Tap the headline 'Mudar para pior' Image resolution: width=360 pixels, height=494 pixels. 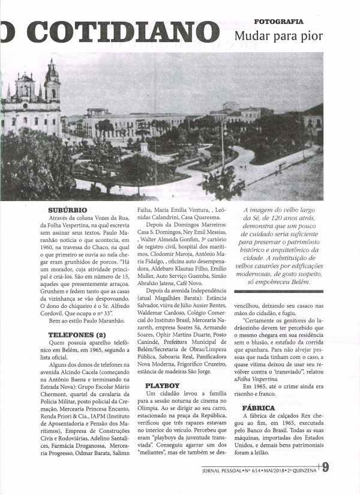(279, 36)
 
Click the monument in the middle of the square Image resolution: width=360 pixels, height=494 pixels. (144, 148)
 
